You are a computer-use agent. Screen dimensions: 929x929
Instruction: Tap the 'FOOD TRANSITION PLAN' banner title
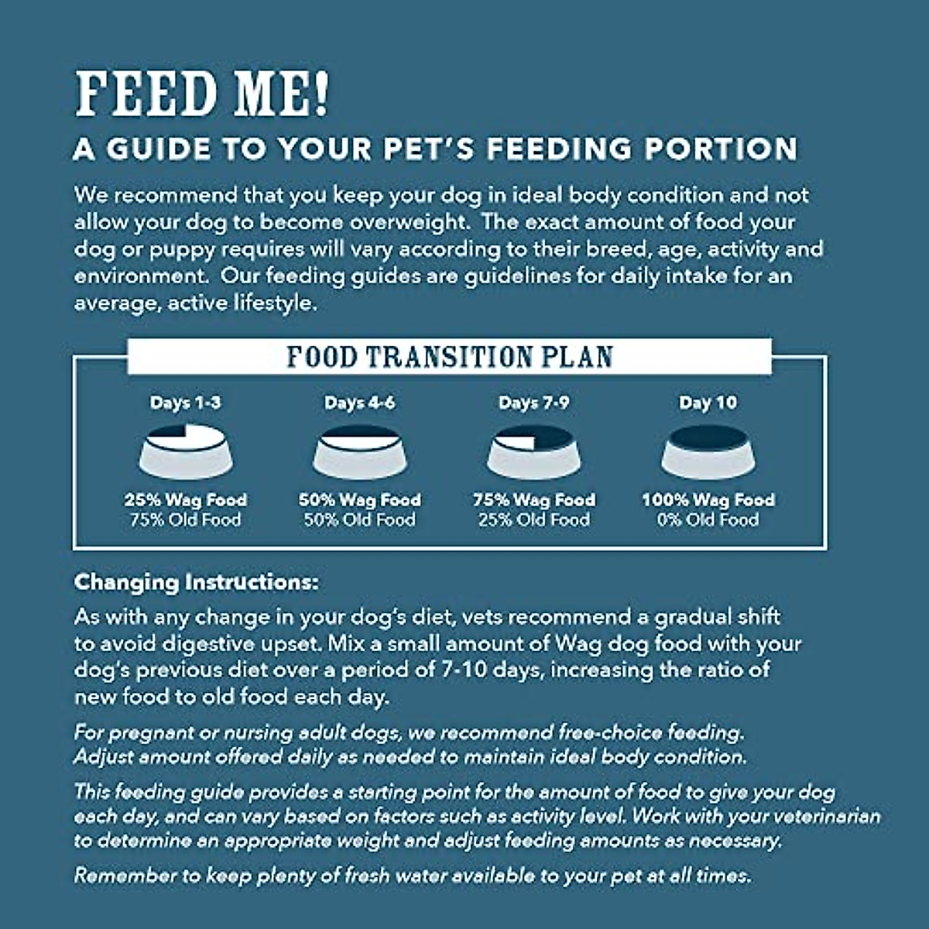450,357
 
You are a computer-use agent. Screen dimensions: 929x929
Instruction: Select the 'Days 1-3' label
185,403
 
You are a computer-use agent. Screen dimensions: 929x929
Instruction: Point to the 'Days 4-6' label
359,403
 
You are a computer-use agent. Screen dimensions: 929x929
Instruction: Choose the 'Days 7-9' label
533,403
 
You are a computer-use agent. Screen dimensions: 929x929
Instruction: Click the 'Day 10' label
708,403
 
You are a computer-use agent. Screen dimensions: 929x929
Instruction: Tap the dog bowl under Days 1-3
185,454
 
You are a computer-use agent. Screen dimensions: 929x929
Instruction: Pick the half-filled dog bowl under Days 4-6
359,454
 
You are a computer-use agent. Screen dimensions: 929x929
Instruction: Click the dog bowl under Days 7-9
533,454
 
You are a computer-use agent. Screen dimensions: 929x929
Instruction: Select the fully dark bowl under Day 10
708,454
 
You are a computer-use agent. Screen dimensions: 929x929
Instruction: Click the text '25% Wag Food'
185,500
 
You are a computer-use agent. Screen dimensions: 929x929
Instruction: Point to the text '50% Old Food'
359,519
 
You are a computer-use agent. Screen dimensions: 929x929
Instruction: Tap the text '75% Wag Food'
533,500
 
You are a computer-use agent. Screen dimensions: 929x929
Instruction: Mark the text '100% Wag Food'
708,500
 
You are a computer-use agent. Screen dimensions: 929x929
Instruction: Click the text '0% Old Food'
708,519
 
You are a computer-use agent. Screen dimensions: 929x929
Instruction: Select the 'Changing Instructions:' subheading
196,582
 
